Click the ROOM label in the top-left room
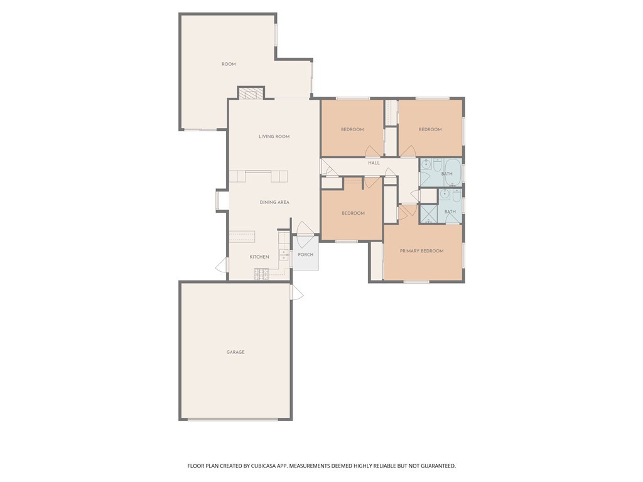pos(229,64)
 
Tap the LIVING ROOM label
pos(274,136)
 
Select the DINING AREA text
pos(274,202)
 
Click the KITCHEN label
pos(259,257)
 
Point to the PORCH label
pos(306,255)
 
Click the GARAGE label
pos(235,352)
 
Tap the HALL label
pos(374,163)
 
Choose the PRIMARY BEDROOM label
pos(422,251)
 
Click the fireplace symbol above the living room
pos(251,94)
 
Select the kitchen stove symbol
pos(261,274)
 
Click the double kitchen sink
pos(284,255)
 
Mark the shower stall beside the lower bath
pos(429,215)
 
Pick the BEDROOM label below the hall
pos(353,213)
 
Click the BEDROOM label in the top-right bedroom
pos(430,130)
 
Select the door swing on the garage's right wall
pos(296,292)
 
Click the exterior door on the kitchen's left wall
pos(222,266)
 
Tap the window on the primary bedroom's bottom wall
pos(416,281)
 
